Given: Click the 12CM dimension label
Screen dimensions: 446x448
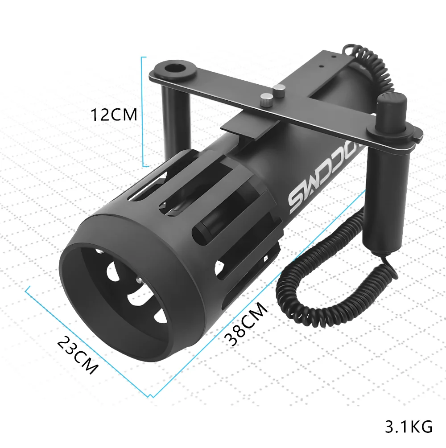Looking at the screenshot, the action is click(114, 115).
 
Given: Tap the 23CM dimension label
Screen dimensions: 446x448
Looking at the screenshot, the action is click(78, 355).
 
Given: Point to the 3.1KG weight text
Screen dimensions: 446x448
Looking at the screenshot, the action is click(409, 427).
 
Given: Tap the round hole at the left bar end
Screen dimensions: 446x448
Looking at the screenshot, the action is click(174, 69).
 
